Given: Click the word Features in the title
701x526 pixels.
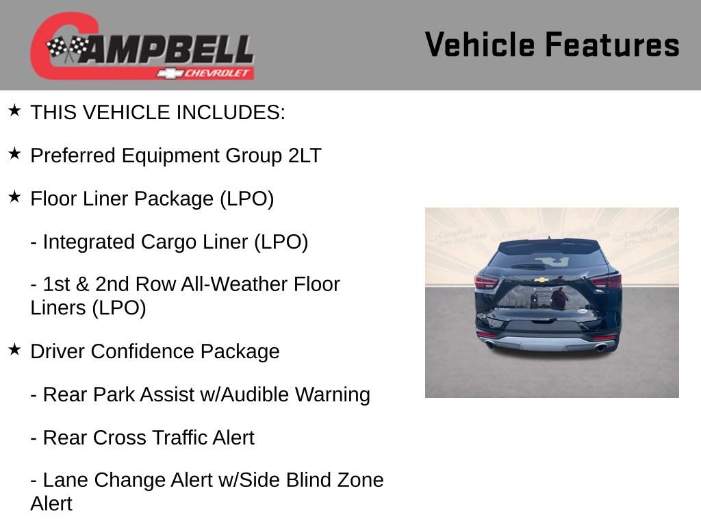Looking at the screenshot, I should click(x=612, y=45).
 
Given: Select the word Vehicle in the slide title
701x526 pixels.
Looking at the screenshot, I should click(x=479, y=45).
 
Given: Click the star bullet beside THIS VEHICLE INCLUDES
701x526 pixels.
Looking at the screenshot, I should click(x=14, y=110).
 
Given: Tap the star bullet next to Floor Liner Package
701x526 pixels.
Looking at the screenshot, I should click(x=14, y=197).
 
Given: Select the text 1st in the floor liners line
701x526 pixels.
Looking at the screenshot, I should click(x=56, y=284).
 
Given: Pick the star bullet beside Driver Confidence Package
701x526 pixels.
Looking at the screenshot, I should click(x=14, y=349).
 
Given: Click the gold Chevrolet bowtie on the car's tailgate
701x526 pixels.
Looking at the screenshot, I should click(x=541, y=280).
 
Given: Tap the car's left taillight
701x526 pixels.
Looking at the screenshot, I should click(x=486, y=281).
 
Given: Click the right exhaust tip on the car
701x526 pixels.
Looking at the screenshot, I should click(x=601, y=347).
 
